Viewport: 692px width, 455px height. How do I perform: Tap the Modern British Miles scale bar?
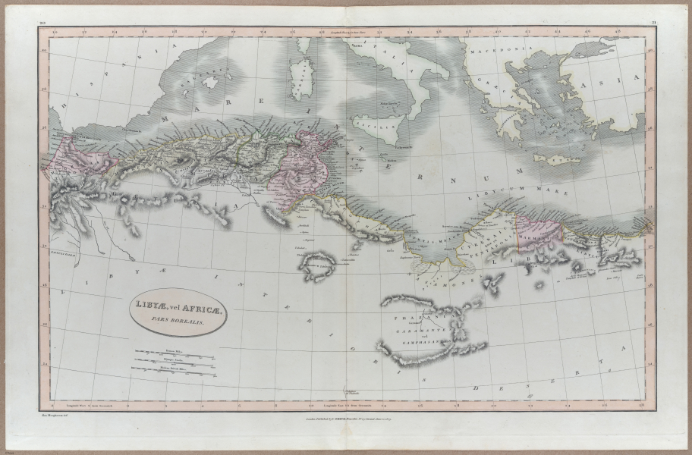coord(174,369)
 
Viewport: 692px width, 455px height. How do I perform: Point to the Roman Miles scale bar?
coord(174,353)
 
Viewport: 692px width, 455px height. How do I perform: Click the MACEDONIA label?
coord(494,50)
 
